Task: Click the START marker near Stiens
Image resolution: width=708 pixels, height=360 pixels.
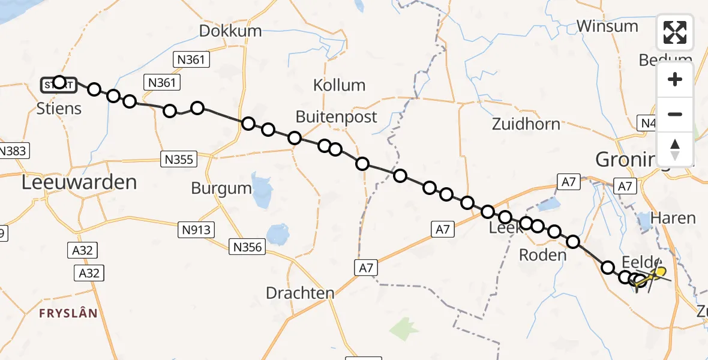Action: point(58,85)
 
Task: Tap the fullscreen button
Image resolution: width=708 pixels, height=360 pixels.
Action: point(675,32)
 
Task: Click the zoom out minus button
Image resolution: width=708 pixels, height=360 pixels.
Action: point(675,114)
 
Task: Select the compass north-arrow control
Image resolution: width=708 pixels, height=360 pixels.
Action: point(675,149)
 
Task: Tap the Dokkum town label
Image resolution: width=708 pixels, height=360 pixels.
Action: point(230,31)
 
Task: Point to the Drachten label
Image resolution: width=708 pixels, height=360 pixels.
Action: point(300,293)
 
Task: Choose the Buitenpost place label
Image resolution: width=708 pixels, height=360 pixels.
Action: point(337,116)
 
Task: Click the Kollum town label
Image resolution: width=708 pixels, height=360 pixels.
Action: point(339,85)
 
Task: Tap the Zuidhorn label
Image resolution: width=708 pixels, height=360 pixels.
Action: point(526,124)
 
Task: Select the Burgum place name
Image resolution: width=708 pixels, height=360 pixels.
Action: point(221,188)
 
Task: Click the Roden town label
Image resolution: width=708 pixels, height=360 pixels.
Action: point(542,255)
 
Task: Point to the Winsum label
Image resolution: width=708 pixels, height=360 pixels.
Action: point(607,26)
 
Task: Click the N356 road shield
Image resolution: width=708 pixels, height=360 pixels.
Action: point(248,246)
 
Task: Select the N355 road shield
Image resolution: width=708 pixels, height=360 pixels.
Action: point(178,159)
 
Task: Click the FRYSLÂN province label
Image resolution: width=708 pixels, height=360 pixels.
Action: point(68,313)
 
